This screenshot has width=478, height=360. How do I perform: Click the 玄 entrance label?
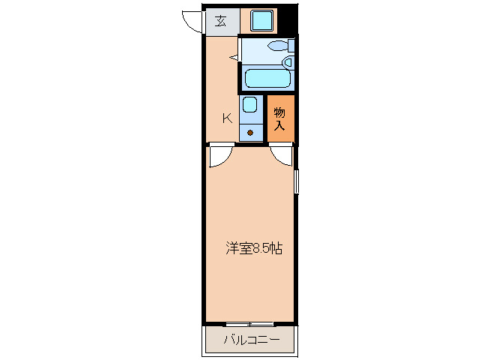click(x=221, y=20)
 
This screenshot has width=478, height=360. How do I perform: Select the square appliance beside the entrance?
click(x=262, y=20)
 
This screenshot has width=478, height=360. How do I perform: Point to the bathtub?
click(x=267, y=78)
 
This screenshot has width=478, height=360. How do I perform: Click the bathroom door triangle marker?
click(x=234, y=56)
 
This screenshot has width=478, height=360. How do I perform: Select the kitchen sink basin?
click(x=250, y=105)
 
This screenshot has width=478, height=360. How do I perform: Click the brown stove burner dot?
click(x=250, y=133)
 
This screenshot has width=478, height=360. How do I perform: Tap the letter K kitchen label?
click(x=226, y=117)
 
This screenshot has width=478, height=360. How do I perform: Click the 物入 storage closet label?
click(x=279, y=118)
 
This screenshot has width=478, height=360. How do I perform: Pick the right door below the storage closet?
click(x=282, y=154)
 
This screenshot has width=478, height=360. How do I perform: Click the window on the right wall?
click(x=297, y=181)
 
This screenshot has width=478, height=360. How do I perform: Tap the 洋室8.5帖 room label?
click(x=253, y=248)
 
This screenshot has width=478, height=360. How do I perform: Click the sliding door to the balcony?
click(x=250, y=324)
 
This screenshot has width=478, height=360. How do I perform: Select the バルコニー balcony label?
click(x=251, y=341)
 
